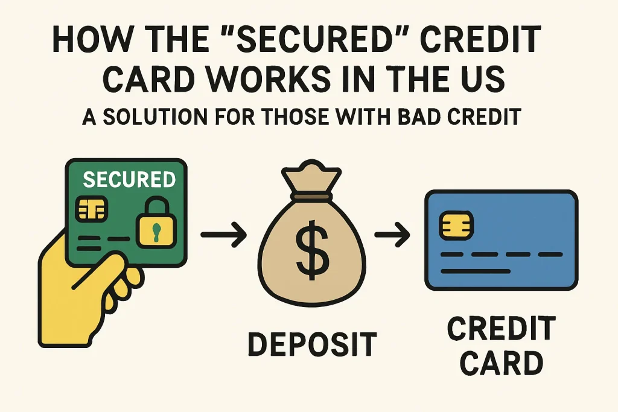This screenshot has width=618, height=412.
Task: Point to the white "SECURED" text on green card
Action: [x=129, y=179]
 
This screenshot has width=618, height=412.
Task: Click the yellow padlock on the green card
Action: [x=156, y=223]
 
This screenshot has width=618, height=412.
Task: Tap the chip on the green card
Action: [x=92, y=208]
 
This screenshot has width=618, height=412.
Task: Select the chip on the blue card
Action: [x=456, y=226]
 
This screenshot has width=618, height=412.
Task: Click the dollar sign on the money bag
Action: [x=312, y=249]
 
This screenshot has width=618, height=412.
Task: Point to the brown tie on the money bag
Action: [x=311, y=196]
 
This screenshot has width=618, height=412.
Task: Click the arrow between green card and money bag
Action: [x=223, y=235]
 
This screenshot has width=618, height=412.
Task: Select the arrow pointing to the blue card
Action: [x=392, y=235]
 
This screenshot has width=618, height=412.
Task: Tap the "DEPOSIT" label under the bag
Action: [x=313, y=344]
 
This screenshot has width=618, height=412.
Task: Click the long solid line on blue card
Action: [x=476, y=271]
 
